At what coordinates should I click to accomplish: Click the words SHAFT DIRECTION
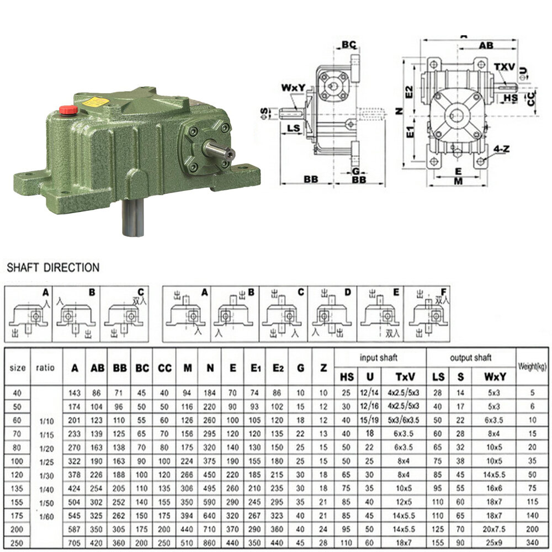(x=53, y=268)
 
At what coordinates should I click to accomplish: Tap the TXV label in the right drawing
(x=504, y=67)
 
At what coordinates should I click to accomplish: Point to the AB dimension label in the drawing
(x=486, y=46)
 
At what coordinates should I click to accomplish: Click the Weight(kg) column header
(x=532, y=367)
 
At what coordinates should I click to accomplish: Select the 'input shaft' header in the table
(x=379, y=358)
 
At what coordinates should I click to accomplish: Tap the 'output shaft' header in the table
(x=471, y=358)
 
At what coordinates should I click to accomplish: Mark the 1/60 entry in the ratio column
(x=47, y=517)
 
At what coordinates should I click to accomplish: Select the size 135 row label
(x=18, y=488)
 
